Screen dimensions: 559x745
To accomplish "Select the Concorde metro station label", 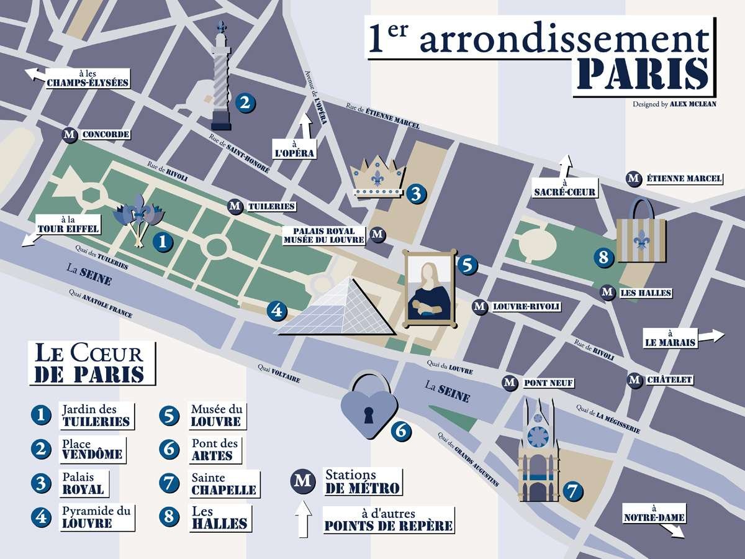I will pyautogui.click(x=105, y=134).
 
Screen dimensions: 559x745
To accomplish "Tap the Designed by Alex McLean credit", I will pyautogui.click(x=674, y=104).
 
